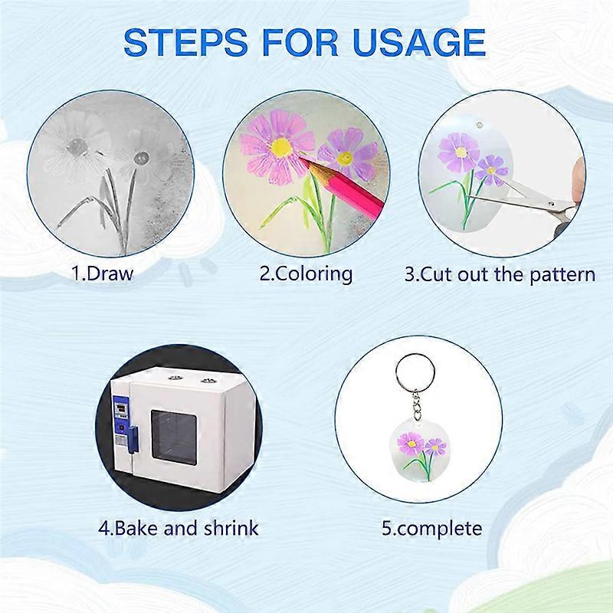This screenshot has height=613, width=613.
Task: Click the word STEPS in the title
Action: pos(185,41)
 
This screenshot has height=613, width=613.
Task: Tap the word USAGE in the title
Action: pos(419,41)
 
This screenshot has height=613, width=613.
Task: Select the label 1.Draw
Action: pos(102,274)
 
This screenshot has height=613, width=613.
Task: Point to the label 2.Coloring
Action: pos(306,274)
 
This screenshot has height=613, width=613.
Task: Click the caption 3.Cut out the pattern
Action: pos(500,274)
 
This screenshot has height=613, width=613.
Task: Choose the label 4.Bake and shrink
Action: pos(179,528)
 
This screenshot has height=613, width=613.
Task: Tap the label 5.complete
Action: pos(432,529)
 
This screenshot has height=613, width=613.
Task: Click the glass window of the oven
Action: pos(174,438)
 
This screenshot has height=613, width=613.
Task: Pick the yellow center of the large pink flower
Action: pos(280,146)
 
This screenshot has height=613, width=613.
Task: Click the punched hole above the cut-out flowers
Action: pos(480,125)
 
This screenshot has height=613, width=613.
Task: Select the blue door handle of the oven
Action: pos(133,440)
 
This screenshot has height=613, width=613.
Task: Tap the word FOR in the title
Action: pos(300,41)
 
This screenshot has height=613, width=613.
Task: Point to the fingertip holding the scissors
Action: pos(579,178)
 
